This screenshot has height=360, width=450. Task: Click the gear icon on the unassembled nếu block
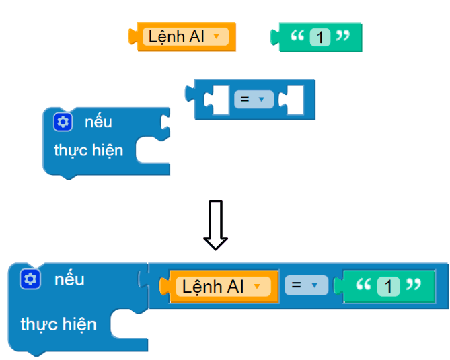(x=63, y=122)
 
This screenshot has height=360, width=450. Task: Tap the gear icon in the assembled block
(x=30, y=279)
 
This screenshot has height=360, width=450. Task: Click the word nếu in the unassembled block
(x=98, y=122)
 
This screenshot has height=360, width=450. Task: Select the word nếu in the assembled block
(x=69, y=279)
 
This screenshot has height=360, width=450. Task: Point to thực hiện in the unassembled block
(x=89, y=150)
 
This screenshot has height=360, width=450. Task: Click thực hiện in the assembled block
(x=59, y=324)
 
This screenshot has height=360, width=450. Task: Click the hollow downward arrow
(x=215, y=224)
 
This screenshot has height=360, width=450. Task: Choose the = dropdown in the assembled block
(x=305, y=285)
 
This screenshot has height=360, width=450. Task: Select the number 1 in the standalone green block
(x=321, y=38)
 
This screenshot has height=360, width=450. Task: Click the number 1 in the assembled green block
(x=388, y=287)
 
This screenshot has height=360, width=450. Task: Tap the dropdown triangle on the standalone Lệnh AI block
(x=216, y=37)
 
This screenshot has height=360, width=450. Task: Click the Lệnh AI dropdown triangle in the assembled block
(x=256, y=287)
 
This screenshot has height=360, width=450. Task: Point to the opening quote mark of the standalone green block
(x=297, y=36)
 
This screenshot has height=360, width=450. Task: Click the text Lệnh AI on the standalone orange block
(x=176, y=37)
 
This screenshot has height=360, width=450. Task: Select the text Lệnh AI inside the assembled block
(x=213, y=287)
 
